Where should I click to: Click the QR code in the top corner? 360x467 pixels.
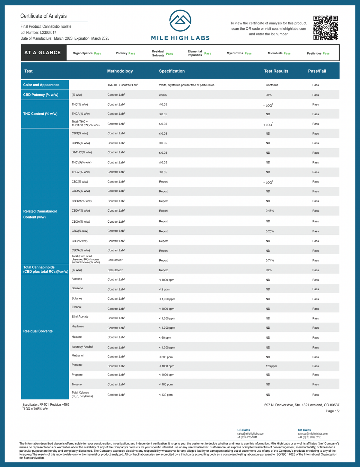pos(325,28)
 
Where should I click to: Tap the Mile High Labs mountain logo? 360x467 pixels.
pos(180,21)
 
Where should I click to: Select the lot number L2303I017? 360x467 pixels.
pos(48,32)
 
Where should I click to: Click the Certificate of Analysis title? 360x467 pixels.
pos(43,16)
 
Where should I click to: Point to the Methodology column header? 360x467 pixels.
pos(120,71)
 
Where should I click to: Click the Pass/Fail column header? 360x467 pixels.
pos(317,71)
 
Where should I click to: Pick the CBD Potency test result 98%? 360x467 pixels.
pos(268,95)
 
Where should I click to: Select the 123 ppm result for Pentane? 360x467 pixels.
pos(271,366)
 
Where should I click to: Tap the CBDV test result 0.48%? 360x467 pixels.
pos(270,211)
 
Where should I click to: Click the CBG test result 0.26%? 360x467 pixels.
pos(270,231)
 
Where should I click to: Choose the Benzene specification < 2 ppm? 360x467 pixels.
pos(164,289)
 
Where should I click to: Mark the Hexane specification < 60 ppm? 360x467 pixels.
pos(165,338)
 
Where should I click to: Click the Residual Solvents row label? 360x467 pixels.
pos(38,331)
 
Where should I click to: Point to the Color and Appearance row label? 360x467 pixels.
pos(41,85)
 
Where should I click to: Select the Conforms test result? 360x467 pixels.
pos(272,85)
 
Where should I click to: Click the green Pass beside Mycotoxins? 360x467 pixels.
pos(248,53)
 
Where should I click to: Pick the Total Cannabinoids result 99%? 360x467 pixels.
pos(268,270)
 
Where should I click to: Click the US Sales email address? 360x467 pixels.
pos(250,434)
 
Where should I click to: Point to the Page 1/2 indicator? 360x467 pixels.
pos(332,411)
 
